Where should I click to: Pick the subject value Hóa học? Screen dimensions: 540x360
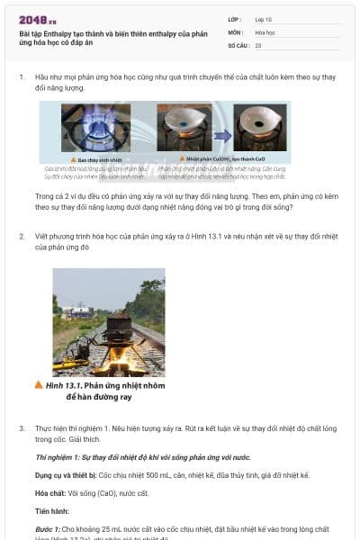(265, 31)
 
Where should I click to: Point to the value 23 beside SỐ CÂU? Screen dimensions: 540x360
(258, 44)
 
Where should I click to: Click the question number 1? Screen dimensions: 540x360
(22, 78)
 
